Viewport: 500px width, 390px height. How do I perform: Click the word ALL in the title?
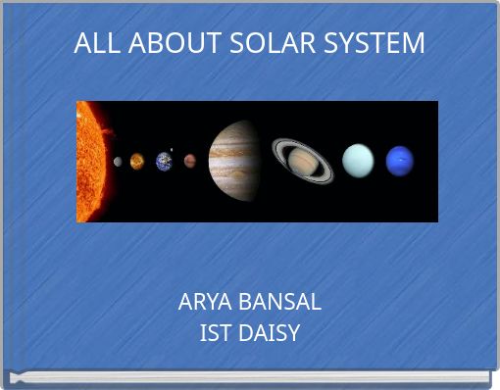point(92,44)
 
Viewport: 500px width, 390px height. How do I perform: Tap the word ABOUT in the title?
point(157,44)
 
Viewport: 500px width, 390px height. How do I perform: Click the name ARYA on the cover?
point(204,302)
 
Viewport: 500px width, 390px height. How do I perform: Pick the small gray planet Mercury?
point(119,162)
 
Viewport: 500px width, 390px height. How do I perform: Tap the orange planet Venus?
point(137,161)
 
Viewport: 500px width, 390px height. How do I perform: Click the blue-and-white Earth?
point(164,161)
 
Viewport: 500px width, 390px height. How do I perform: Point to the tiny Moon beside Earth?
point(172,150)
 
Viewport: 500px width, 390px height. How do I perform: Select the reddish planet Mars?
point(189,161)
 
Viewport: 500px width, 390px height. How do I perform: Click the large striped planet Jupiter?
point(233,161)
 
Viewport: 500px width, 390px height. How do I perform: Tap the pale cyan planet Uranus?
point(358,161)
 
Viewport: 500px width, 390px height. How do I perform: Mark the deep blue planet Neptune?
point(399,161)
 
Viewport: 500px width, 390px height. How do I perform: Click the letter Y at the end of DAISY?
point(293,333)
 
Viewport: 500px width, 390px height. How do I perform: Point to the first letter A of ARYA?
point(185,302)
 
